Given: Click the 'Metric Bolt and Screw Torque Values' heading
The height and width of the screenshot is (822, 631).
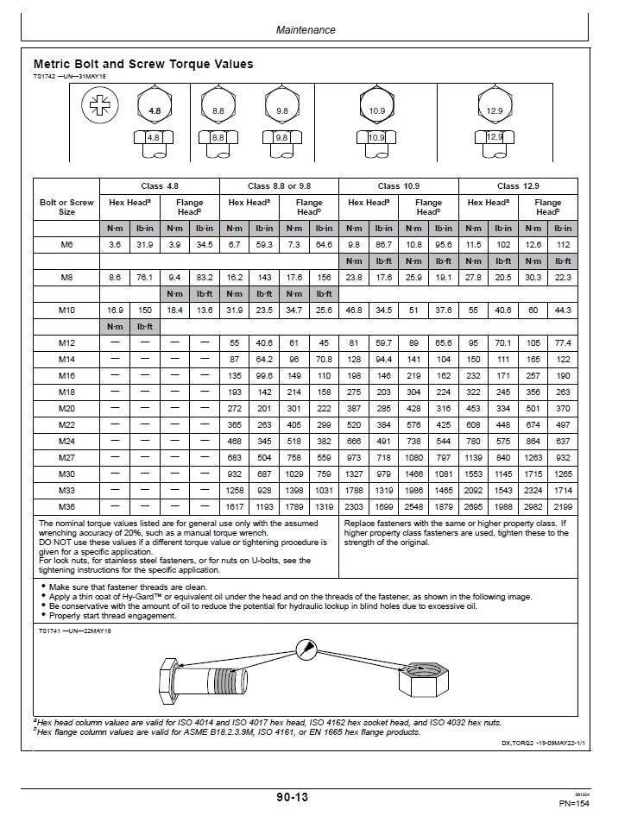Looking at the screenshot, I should (x=143, y=64).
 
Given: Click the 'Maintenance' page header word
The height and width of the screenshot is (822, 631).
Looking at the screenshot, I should (x=306, y=29).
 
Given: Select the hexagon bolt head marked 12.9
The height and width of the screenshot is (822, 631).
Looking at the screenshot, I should (x=493, y=109).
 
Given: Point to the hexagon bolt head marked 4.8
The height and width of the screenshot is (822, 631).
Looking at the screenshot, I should (x=155, y=110).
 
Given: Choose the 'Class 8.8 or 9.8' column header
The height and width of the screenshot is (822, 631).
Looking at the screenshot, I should (x=280, y=186).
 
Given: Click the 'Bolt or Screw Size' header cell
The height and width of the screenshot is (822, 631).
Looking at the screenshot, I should (x=66, y=207).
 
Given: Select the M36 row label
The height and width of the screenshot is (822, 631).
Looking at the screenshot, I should (x=66, y=507).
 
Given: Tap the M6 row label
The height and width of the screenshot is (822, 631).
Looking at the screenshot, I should (x=66, y=246).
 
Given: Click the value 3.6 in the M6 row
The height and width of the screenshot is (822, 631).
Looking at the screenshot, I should (x=114, y=246).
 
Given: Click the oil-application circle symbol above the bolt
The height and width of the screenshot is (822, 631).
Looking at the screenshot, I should (x=306, y=649).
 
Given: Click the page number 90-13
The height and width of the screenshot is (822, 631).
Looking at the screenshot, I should (x=287, y=798).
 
